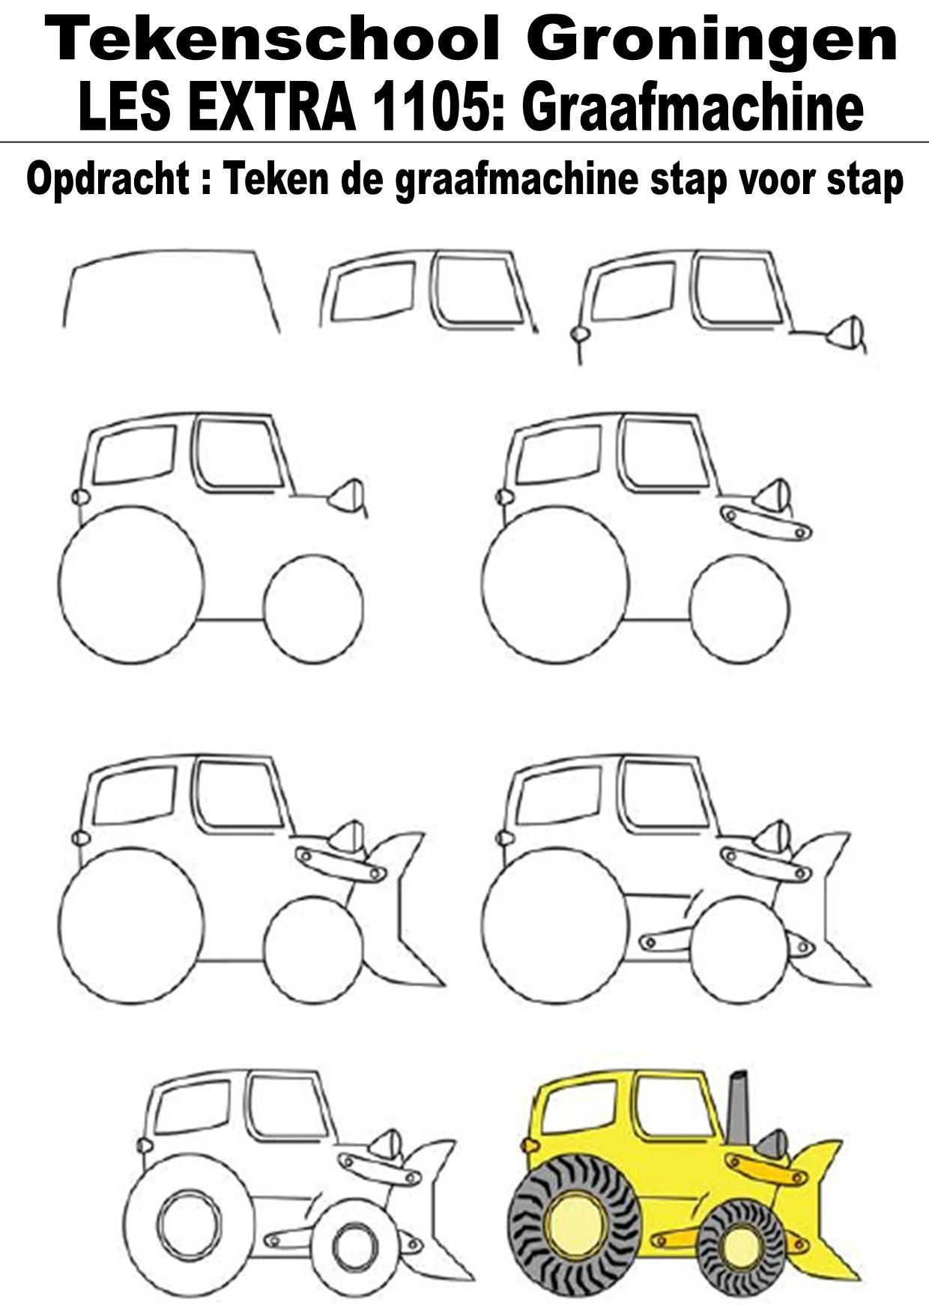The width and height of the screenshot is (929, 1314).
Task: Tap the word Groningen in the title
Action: coord(712,41)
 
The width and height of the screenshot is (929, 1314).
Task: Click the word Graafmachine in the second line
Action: coord(694,109)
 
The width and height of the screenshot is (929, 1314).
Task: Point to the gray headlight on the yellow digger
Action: coord(772,1145)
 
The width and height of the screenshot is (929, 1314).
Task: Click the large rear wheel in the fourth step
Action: coord(130,584)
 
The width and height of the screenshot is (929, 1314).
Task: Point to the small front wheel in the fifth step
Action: coord(739,608)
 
